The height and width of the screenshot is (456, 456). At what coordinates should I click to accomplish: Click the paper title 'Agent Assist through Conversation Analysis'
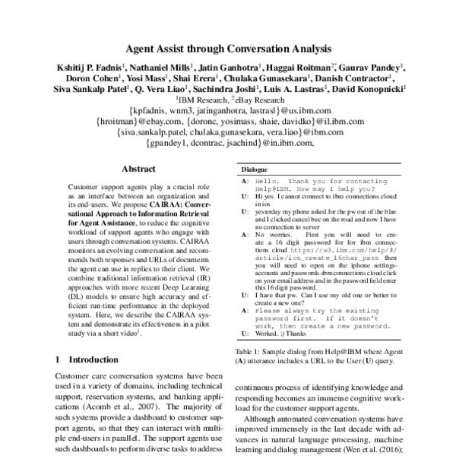click(227, 48)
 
